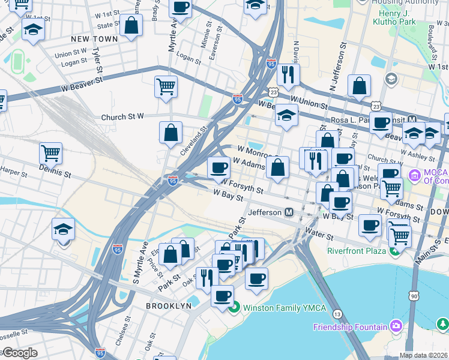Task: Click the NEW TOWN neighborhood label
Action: point(94,39)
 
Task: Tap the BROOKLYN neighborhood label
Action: point(169,306)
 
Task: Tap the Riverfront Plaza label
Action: point(356,250)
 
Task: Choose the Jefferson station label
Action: point(265,212)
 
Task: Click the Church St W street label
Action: point(123,117)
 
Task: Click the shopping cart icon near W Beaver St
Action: point(166,86)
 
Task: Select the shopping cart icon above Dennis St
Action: point(50,152)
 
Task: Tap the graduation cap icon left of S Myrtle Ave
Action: point(63,230)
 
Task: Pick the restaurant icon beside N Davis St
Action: point(288,74)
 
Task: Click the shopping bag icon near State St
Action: point(130,25)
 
